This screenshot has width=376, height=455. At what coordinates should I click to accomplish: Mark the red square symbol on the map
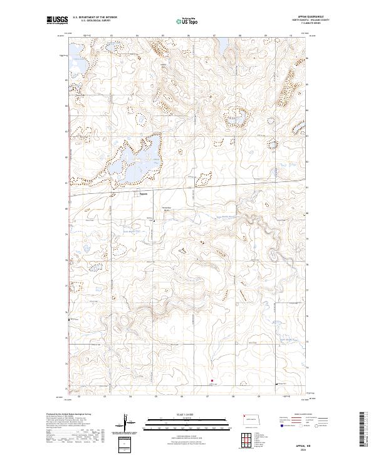pyautogui.click(x=212, y=380)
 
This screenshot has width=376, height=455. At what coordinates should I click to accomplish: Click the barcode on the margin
pyautogui.click(x=362, y=431)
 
